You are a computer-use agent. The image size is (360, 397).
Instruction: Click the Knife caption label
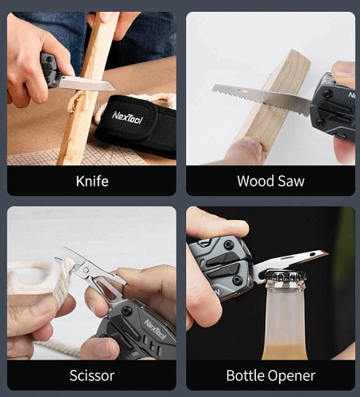pos(92,181)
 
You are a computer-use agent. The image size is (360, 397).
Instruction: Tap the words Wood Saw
pos(271,181)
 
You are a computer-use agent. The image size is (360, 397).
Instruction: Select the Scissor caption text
pos(92,376)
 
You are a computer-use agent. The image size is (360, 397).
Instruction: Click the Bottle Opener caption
pos(271,376)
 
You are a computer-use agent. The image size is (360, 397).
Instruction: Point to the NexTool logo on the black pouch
pos(127,118)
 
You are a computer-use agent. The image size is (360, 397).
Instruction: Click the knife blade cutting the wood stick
pos(86,83)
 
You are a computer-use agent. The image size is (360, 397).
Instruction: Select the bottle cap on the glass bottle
pos(285,276)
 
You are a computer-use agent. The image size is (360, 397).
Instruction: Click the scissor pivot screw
pos(86,270)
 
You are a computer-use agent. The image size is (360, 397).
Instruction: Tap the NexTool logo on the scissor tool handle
pos(155,330)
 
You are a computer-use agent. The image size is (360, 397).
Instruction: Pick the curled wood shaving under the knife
pos(77,101)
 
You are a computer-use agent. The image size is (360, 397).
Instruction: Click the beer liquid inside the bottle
pos(285,352)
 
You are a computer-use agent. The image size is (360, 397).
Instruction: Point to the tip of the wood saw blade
pos(213,87)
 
